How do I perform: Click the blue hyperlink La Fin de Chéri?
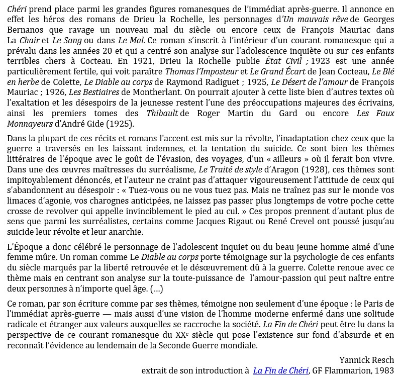coord(280,370)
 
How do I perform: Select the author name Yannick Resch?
coord(367,360)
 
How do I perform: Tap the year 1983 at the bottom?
coord(384,370)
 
